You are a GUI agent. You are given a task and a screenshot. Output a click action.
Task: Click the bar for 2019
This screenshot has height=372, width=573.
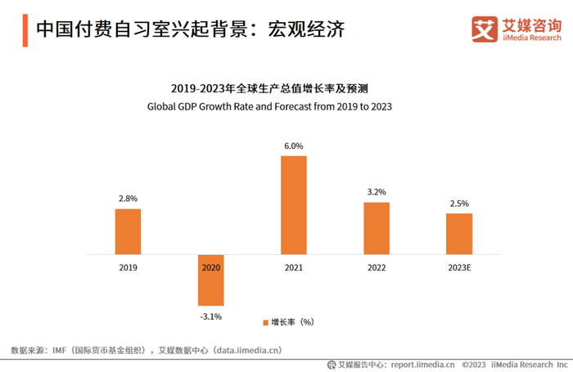coord(128,232)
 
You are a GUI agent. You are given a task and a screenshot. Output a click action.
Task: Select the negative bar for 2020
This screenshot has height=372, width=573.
coord(210,281)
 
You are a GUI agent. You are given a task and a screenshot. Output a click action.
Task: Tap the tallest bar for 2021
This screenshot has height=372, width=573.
coord(293,205)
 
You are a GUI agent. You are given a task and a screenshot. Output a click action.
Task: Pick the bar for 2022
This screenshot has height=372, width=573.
coord(377,228)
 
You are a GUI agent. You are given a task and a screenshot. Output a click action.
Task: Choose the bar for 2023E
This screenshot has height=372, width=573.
coord(459,234)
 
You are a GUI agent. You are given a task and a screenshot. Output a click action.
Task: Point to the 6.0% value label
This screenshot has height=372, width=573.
coord(293,146)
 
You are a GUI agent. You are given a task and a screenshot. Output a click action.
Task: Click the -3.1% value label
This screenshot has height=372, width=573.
coord(210,316)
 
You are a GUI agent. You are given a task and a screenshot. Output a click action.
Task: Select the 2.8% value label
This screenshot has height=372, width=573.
coord(128,199)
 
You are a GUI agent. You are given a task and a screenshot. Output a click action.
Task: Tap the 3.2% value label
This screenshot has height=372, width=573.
coord(377,192)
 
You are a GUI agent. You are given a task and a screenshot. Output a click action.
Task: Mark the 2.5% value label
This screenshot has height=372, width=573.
coord(459,204)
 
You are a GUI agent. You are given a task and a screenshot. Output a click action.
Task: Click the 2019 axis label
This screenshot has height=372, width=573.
coord(128,267)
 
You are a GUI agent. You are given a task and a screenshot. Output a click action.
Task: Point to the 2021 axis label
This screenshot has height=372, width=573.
coord(293,267)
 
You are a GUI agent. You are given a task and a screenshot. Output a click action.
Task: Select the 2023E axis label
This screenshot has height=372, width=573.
coord(459,267)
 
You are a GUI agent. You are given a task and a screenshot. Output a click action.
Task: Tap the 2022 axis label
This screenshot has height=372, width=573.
coord(377,267)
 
